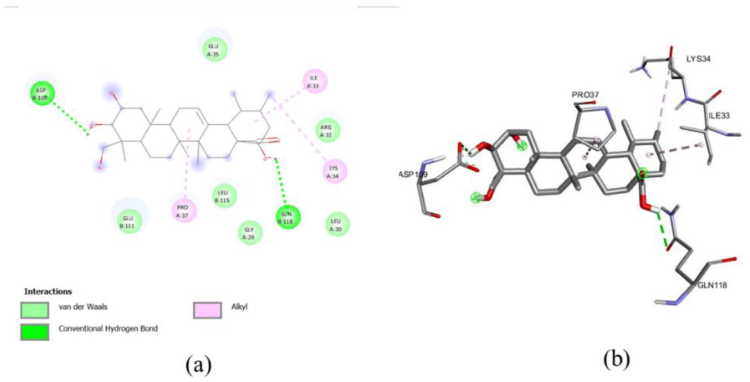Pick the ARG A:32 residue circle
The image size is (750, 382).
(326, 129)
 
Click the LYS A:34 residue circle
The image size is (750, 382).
(335, 171)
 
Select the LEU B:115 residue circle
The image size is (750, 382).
(224, 196)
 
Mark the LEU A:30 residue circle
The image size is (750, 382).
(337, 224)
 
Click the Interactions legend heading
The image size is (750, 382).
(48, 292)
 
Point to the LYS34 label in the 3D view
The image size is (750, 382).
(699, 59)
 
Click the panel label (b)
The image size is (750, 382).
(617, 358)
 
